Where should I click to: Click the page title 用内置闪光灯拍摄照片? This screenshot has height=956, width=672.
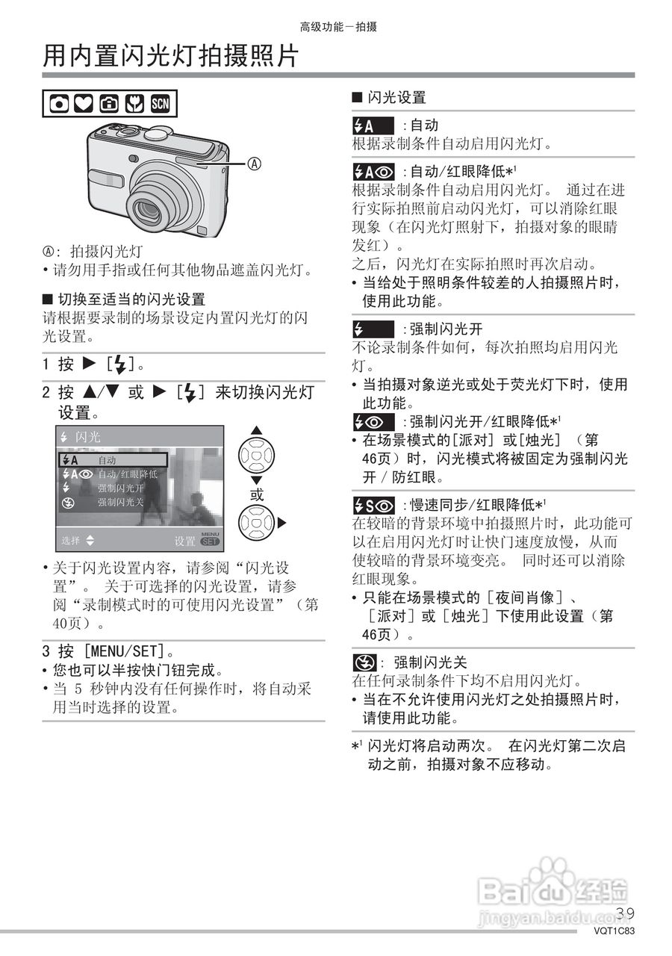[x=171, y=55]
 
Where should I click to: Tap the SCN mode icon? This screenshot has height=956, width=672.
[x=161, y=105]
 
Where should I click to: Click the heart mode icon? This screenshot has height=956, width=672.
[x=84, y=105]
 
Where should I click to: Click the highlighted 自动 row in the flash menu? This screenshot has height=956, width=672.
[x=113, y=460]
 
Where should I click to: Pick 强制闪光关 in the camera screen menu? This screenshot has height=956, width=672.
[x=119, y=502]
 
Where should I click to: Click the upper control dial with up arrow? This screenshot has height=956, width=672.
[x=256, y=454]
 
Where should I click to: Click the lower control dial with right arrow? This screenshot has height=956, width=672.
[x=257, y=523]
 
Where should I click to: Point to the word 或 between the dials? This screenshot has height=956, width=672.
[x=256, y=494]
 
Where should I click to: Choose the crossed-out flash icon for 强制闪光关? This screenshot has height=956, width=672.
[x=364, y=662]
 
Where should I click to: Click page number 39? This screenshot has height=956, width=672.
[x=626, y=913]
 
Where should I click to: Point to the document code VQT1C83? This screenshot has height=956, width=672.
[x=615, y=931]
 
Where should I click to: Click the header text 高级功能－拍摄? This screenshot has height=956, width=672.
[x=338, y=27]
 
